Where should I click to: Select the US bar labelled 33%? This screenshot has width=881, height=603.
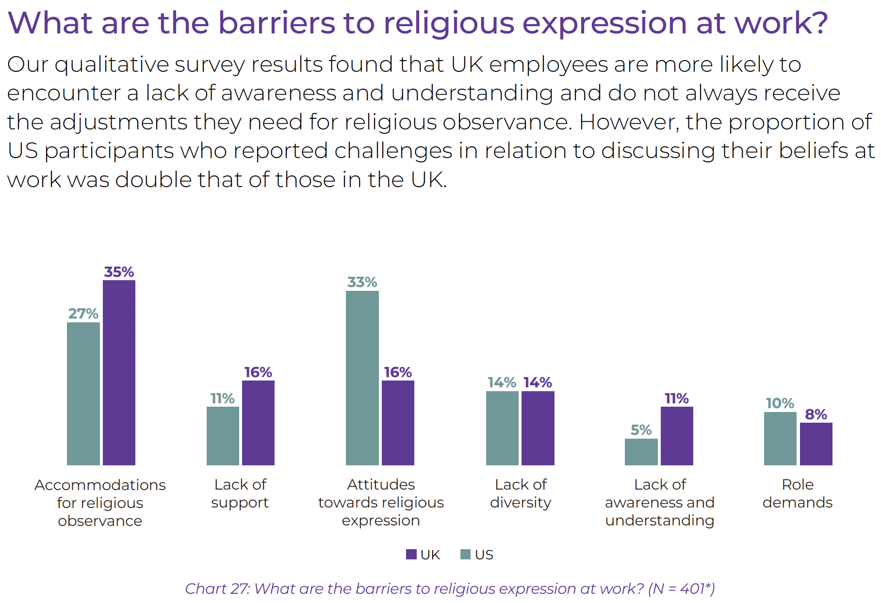(x=362, y=378)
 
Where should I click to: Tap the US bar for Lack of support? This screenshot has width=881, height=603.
(x=223, y=436)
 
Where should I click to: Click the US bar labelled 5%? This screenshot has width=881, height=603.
(x=641, y=452)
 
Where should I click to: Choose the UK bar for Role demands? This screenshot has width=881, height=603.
(x=816, y=444)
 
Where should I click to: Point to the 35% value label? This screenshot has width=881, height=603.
(x=119, y=272)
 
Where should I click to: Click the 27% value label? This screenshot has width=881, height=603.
(x=83, y=314)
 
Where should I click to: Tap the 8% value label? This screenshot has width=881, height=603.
(x=816, y=414)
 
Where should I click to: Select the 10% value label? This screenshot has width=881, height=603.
(x=780, y=403)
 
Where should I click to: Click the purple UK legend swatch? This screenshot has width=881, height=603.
(x=411, y=555)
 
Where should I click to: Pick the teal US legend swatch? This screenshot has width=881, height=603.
(x=465, y=555)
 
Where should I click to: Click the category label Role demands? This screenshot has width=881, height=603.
(x=797, y=493)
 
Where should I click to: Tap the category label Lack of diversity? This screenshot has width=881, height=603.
(x=521, y=493)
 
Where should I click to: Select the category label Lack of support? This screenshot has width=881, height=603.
(x=240, y=493)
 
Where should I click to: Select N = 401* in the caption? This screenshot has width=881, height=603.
(x=681, y=588)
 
